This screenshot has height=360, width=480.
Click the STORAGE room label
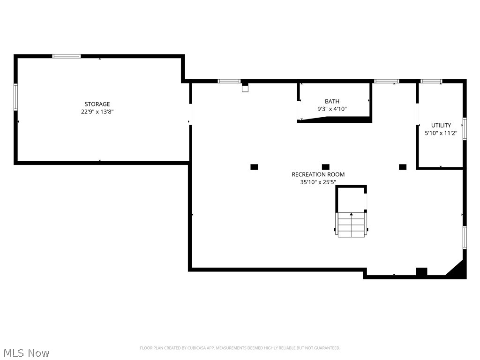coord(97,104)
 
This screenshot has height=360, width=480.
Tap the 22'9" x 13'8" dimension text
coord(97,112)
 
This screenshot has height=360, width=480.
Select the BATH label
coord(332,101)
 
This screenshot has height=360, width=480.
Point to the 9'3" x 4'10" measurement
coord(332,109)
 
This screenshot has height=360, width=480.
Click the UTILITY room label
coord(441,125)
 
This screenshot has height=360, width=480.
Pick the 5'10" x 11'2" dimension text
coord(441,133)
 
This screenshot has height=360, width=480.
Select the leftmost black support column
coord(254,167)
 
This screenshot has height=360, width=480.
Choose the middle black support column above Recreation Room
coord(326,167)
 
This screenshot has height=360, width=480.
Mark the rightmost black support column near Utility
coord(402,167)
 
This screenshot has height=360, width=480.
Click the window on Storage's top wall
coord(66,56)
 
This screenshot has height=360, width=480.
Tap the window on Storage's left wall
coord(15,97)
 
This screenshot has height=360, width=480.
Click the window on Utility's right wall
coord(465,128)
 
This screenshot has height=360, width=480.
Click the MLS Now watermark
coord(26,352)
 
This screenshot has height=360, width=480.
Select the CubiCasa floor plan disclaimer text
coord(240,348)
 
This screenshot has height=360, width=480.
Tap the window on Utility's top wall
coord(431,82)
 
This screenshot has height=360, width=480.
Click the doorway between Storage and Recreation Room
coord(190,114)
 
